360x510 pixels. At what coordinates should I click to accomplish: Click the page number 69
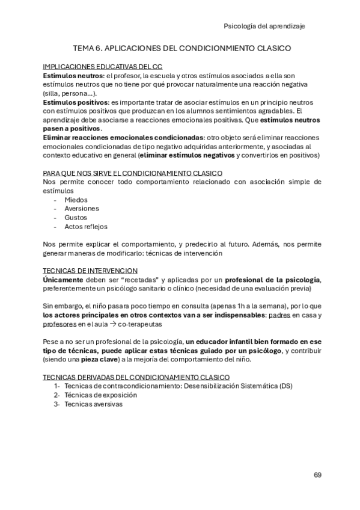[317, 475]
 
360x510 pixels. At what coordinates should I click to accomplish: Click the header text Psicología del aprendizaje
[272, 26]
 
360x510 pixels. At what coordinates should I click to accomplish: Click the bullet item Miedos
[76, 200]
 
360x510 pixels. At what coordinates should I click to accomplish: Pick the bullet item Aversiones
[81, 209]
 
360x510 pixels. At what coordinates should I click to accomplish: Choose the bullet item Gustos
[76, 218]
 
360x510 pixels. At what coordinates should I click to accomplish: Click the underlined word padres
[278, 315]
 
